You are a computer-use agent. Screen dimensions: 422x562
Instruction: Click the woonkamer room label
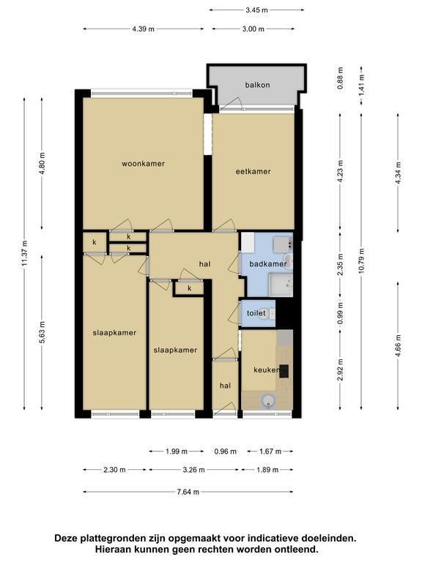pyautogui.click(x=143, y=164)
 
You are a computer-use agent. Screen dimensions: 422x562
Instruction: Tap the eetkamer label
pyautogui.click(x=253, y=171)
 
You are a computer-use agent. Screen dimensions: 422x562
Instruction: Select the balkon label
pyautogui.click(x=257, y=85)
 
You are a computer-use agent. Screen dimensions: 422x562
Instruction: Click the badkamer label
pyautogui.click(x=268, y=264)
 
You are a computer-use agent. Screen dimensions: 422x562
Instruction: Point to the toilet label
pyautogui.click(x=256, y=313)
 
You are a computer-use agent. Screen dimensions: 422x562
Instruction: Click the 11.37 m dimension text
pyautogui.click(x=24, y=253)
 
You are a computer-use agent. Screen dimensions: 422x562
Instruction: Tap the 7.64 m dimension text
pyautogui.click(x=188, y=492)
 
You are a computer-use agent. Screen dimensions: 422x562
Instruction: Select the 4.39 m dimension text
pyautogui.click(x=143, y=29)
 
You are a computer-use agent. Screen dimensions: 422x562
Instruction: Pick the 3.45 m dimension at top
pyautogui.click(x=257, y=10)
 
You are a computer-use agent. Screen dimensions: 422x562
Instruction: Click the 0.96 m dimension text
pyautogui.click(x=226, y=452)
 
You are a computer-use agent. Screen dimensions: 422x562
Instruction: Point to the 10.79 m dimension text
pyautogui.click(x=361, y=261)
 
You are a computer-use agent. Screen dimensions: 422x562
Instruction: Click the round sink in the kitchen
pyautogui.click(x=267, y=401)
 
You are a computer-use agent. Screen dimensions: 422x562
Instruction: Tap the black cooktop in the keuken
pyautogui.click(x=284, y=371)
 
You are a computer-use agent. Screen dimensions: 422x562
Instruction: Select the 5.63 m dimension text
pyautogui.click(x=42, y=332)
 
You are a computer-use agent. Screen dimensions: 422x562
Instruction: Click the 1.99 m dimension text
pyautogui.click(x=177, y=452)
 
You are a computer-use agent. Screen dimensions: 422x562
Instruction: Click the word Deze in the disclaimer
pyautogui.click(x=66, y=539)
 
